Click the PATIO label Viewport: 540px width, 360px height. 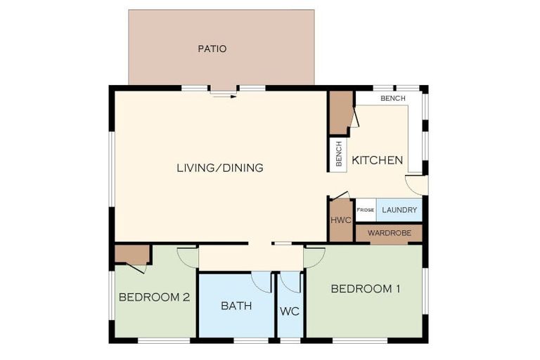[212, 49]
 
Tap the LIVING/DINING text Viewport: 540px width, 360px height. [220, 168]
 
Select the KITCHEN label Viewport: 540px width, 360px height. [377, 160]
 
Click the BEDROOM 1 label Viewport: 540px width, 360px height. [366, 289]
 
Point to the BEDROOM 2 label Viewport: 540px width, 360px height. [154, 297]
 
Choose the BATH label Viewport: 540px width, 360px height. [236, 306]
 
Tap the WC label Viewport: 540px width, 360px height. [290, 311]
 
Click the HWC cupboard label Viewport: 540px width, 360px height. [341, 220]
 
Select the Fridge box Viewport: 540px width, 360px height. [366, 210]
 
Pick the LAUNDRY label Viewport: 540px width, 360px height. [399, 210]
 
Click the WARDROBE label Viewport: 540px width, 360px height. [389, 233]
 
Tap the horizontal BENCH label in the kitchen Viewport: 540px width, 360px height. [393, 98]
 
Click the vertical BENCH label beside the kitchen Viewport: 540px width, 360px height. [339, 154]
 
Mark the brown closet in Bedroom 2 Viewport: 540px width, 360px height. [132, 255]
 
